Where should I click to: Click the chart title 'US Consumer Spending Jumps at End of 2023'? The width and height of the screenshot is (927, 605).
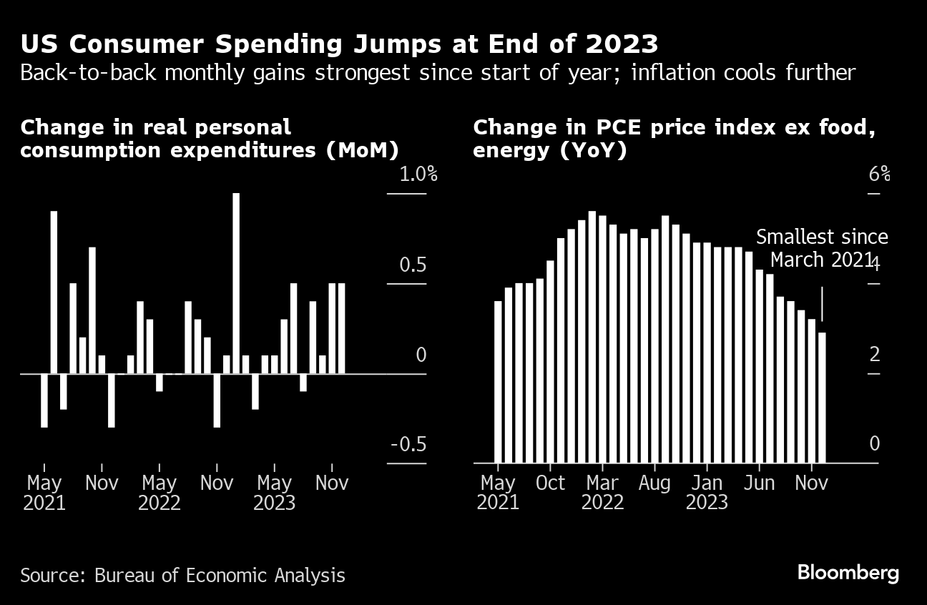click(x=339, y=44)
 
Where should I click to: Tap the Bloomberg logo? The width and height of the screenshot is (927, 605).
click(x=848, y=573)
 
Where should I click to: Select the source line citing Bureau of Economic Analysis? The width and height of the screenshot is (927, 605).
click(x=182, y=575)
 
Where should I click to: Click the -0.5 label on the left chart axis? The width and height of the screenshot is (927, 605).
click(x=408, y=444)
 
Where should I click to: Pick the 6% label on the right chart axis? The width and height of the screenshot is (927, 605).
click(x=880, y=174)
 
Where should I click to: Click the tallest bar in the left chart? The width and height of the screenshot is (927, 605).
click(x=236, y=282)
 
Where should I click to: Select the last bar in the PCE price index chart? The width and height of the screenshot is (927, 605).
click(x=823, y=397)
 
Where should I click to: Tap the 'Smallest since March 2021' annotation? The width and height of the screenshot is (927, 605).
click(x=821, y=248)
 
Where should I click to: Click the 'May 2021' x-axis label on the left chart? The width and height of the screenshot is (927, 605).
click(x=44, y=493)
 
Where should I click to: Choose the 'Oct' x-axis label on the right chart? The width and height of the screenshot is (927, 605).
click(x=551, y=483)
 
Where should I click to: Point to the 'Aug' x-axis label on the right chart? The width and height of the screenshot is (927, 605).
click(x=654, y=483)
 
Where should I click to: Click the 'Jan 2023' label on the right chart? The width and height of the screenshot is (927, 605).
click(x=707, y=493)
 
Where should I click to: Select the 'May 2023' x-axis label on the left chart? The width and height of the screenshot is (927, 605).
click(x=275, y=493)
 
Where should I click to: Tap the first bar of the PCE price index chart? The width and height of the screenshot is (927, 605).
click(x=499, y=381)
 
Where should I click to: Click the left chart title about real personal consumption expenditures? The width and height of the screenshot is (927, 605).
click(x=209, y=139)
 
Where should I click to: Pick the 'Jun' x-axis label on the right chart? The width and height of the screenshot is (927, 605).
click(x=760, y=483)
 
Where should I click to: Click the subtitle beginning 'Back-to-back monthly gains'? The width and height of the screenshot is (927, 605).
click(x=438, y=73)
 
